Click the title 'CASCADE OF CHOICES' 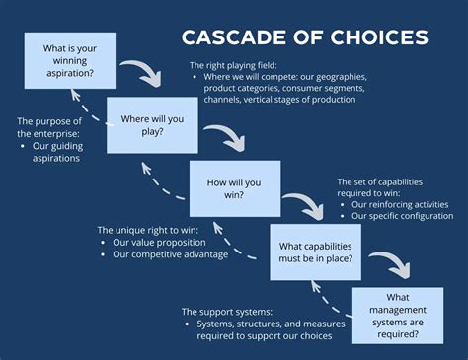coord(304,37)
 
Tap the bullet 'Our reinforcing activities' coord(400,205)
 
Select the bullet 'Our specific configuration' coord(402,216)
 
